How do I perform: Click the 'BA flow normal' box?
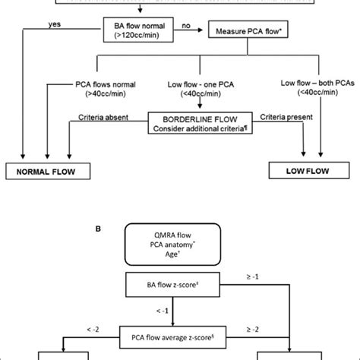tap(137, 30)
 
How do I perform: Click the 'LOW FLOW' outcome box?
tap(308, 171)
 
